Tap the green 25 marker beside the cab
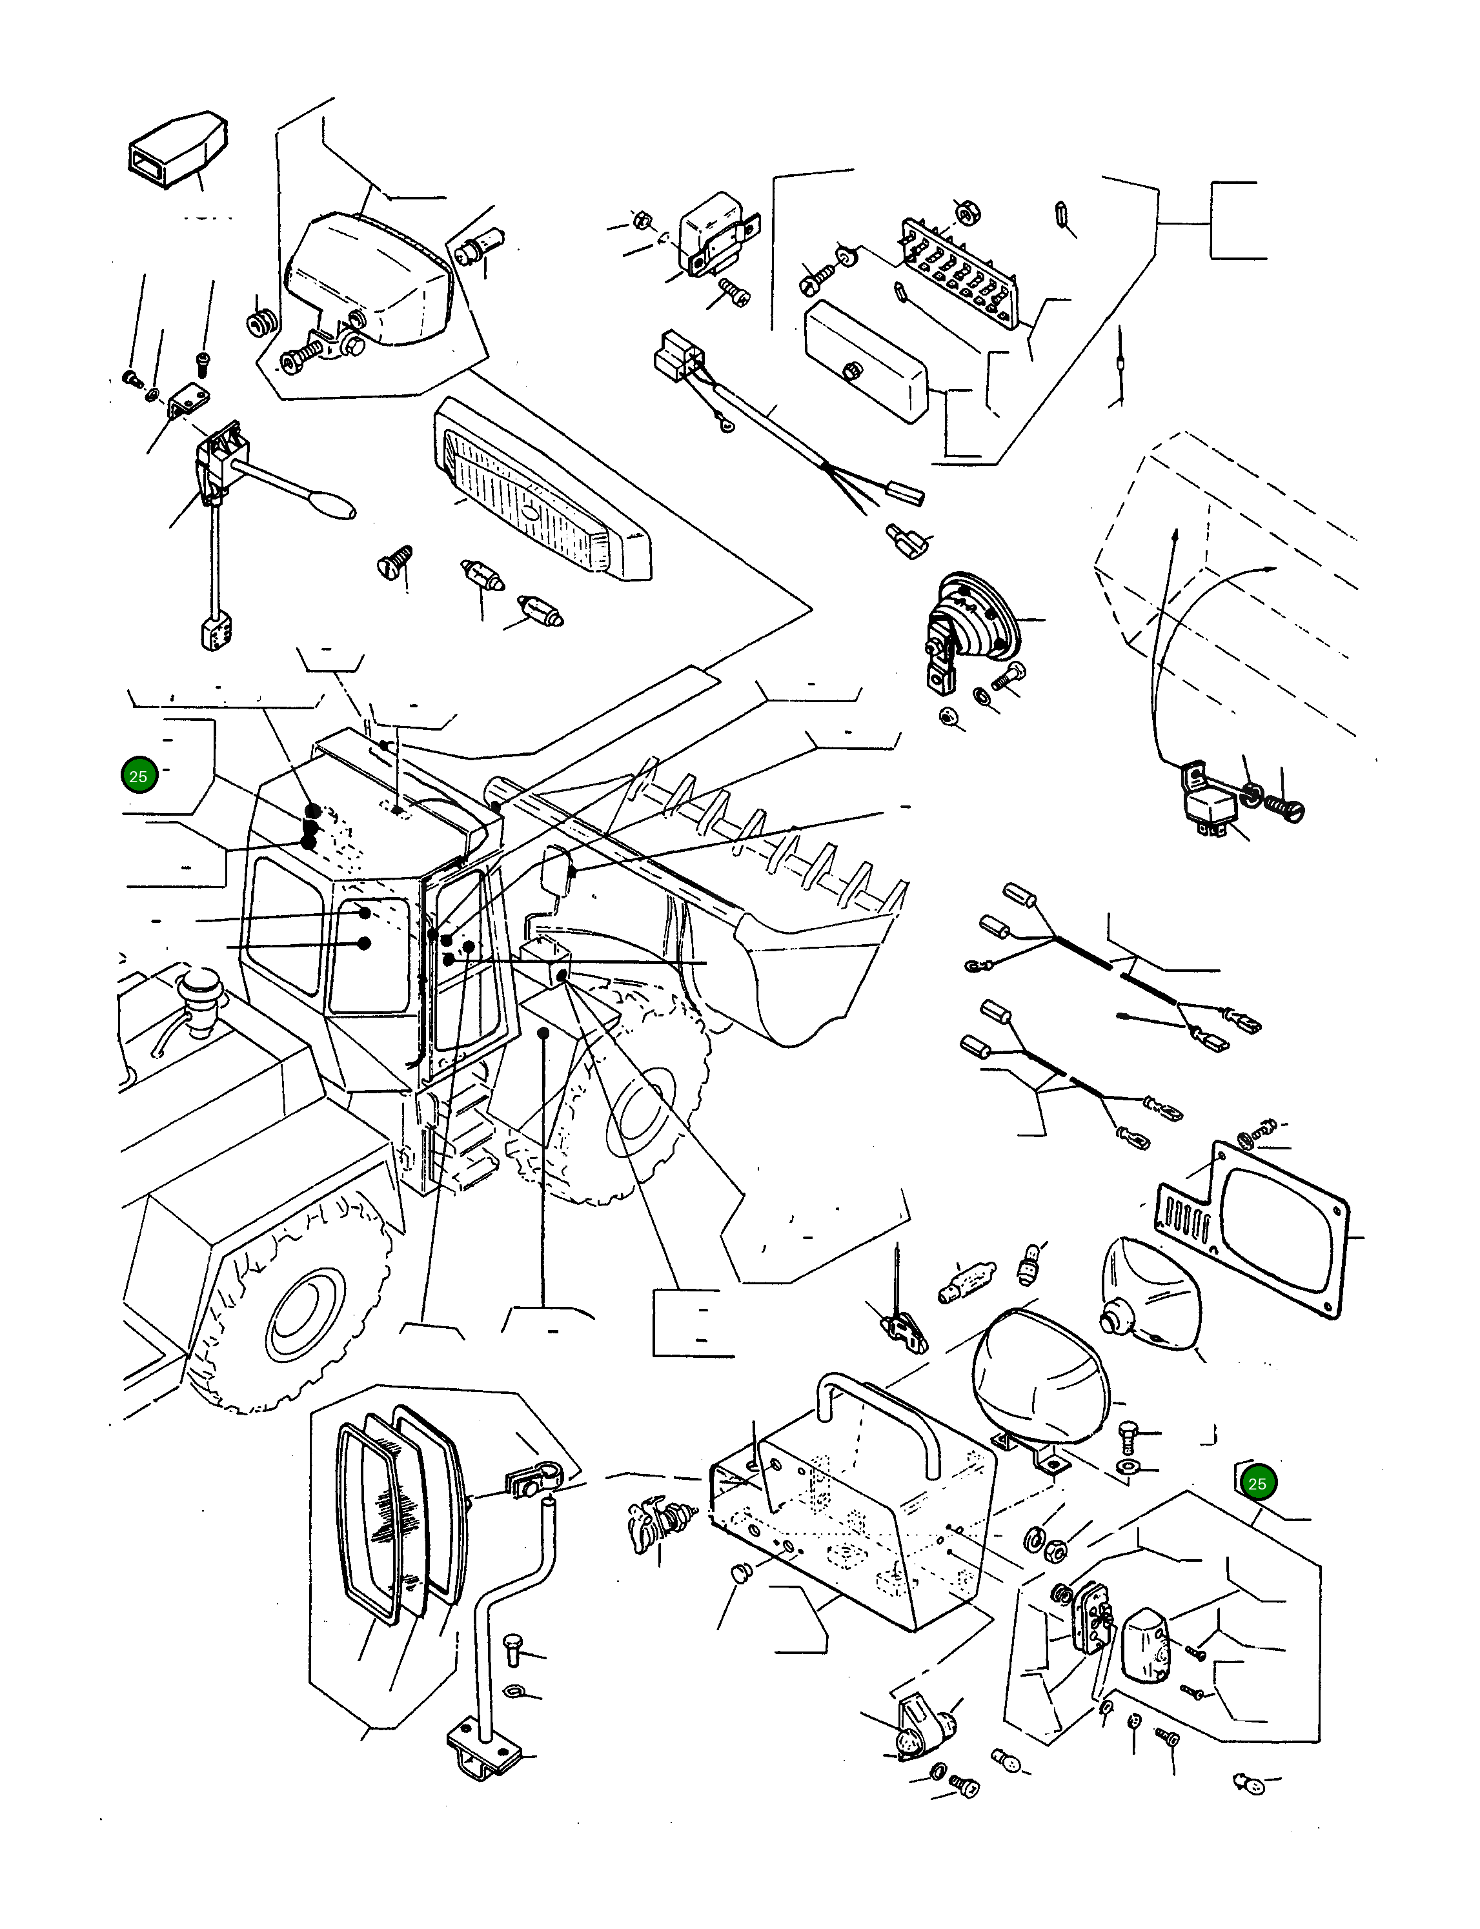coord(138,776)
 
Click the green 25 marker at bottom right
coord(1257,1483)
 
